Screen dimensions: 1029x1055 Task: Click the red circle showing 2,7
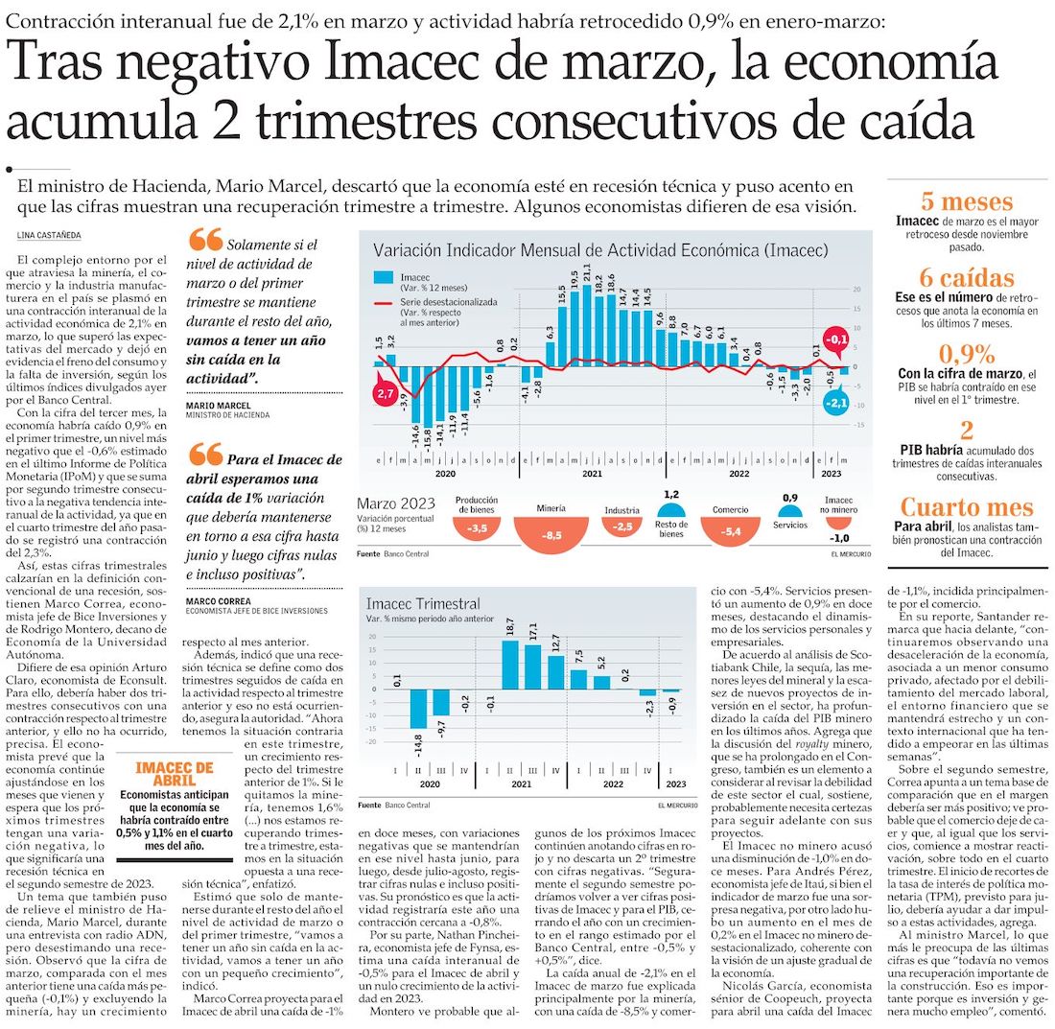click(x=387, y=394)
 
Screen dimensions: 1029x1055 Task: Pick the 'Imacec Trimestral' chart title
click(x=423, y=604)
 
